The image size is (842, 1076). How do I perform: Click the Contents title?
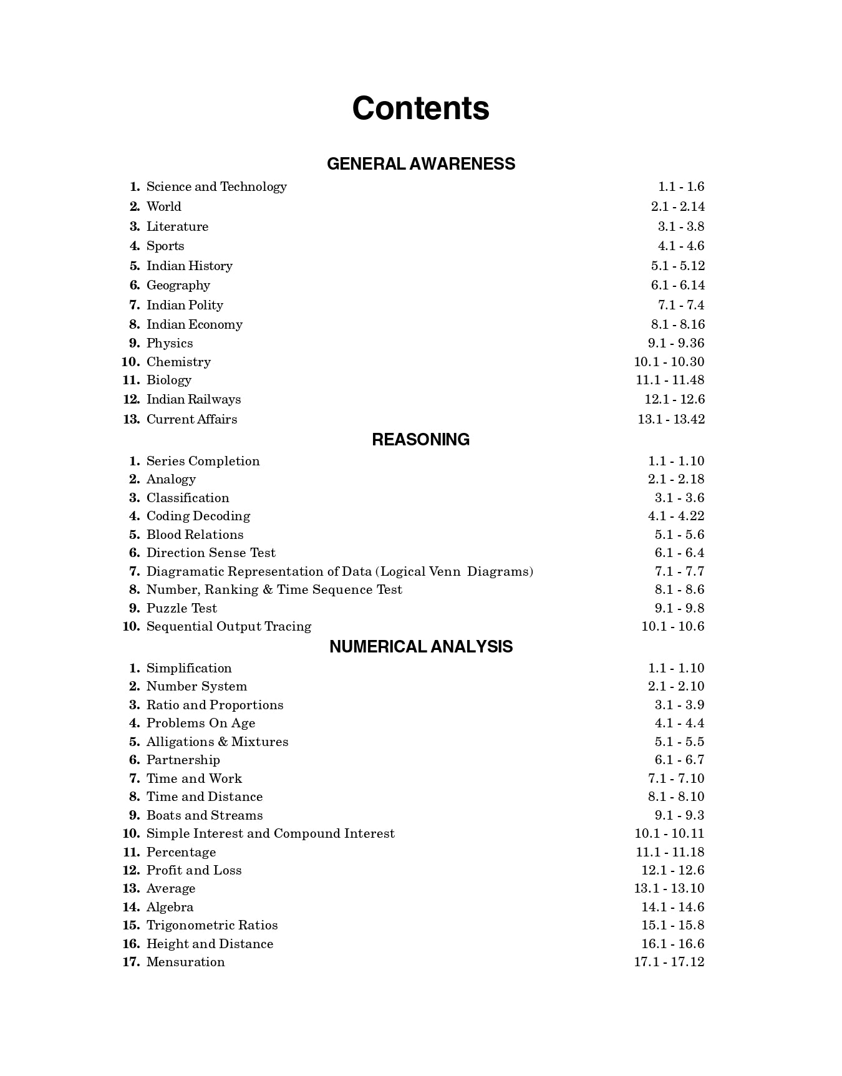click(x=420, y=108)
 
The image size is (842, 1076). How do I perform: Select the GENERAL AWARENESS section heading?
click(x=420, y=163)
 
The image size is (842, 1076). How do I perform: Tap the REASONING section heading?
click(x=420, y=440)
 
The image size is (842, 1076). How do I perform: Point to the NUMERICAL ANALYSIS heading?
click(x=420, y=647)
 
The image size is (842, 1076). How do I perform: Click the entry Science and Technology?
click(x=216, y=187)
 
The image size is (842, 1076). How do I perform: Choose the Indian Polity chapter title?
click(x=185, y=305)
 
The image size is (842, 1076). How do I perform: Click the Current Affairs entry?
click(x=191, y=419)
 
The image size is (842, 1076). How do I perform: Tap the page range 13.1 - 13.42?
click(x=670, y=419)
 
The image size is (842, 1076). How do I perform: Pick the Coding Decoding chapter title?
click(x=198, y=516)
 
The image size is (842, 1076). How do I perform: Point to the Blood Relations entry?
click(x=195, y=535)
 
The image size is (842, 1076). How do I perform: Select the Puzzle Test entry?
click(x=181, y=608)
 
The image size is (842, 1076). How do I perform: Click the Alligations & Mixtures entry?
click(x=217, y=742)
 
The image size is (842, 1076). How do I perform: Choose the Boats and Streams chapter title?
click(x=205, y=815)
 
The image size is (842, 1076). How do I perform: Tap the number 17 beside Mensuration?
click(x=130, y=962)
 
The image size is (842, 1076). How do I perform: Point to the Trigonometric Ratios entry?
click(x=212, y=925)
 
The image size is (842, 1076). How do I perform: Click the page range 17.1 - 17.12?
click(x=669, y=962)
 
